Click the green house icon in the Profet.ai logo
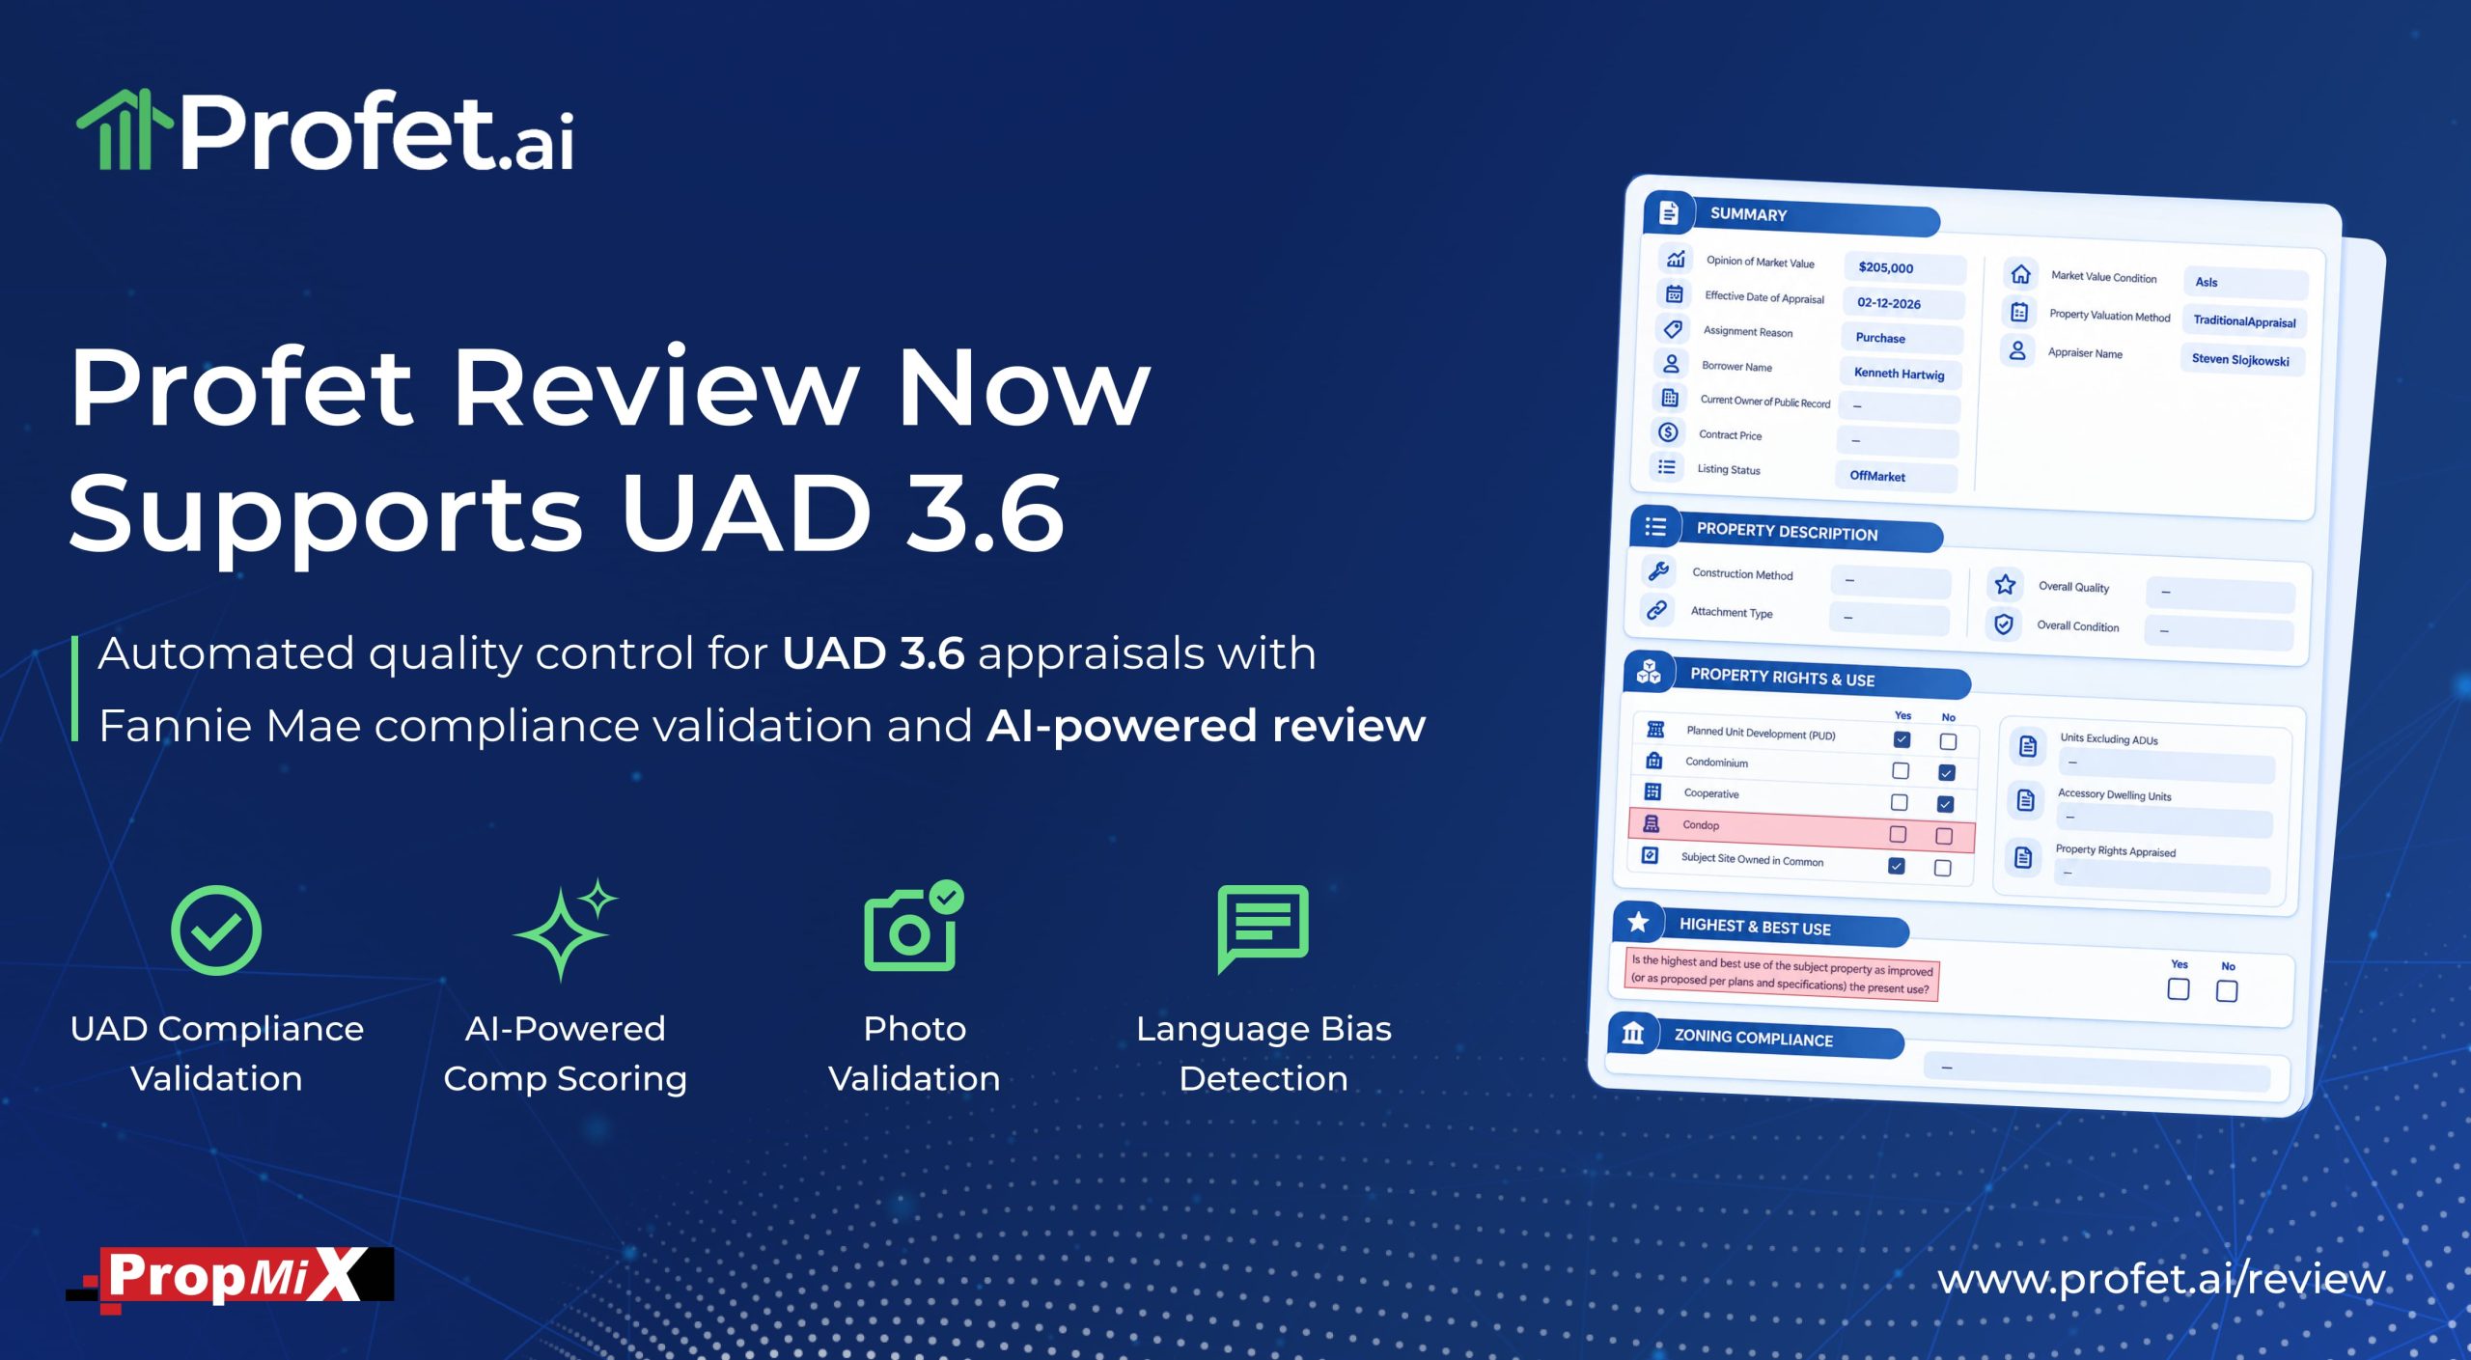[124, 129]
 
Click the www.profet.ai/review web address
[2161, 1280]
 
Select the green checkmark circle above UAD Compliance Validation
[216, 930]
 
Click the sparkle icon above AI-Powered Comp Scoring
[566, 930]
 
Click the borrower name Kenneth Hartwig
[1901, 374]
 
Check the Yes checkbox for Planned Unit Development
[1902, 739]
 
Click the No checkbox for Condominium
[1947, 772]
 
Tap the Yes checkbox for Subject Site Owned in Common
[1897, 866]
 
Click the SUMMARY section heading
[1748, 214]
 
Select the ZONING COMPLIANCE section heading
[1753, 1039]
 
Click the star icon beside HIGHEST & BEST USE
[1638, 923]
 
